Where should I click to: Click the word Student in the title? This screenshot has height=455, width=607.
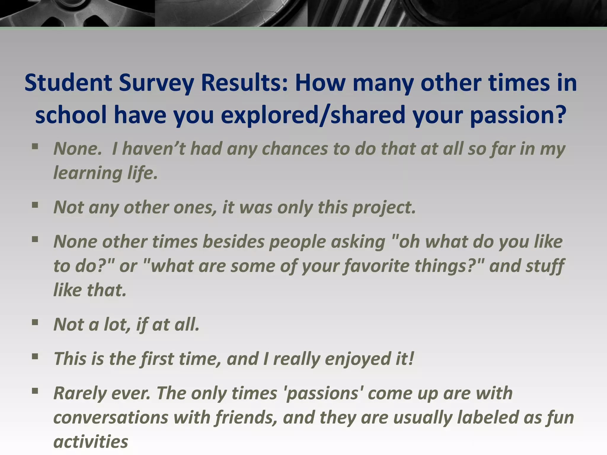click(x=68, y=83)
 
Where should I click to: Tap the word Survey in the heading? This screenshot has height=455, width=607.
click(x=156, y=83)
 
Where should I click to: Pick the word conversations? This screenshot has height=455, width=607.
click(x=111, y=417)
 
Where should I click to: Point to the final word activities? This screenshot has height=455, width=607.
click(x=91, y=442)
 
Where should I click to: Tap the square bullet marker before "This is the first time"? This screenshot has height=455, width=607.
click(x=35, y=357)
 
